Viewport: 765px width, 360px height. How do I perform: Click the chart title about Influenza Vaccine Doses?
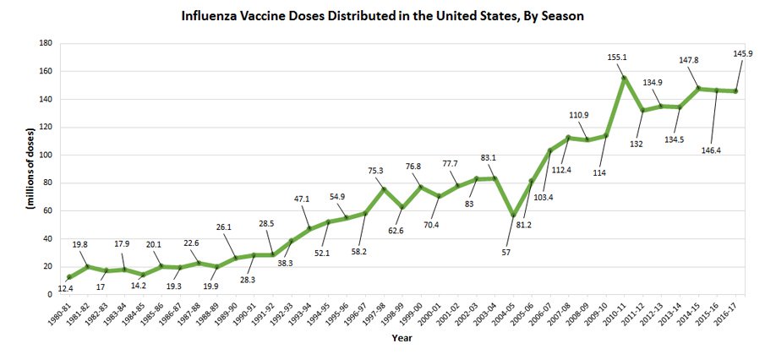pyautogui.click(x=382, y=15)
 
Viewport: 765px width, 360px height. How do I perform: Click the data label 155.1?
pyautogui.click(x=617, y=57)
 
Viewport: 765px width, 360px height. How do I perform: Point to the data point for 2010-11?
pyautogui.click(x=624, y=79)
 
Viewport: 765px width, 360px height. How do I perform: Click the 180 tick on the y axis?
pyautogui.click(x=46, y=44)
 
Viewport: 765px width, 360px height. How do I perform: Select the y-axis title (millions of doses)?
pyautogui.click(x=31, y=169)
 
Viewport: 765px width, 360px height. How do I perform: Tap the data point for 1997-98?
pyautogui.click(x=384, y=189)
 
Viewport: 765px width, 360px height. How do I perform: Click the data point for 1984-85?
pyautogui.click(x=144, y=275)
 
